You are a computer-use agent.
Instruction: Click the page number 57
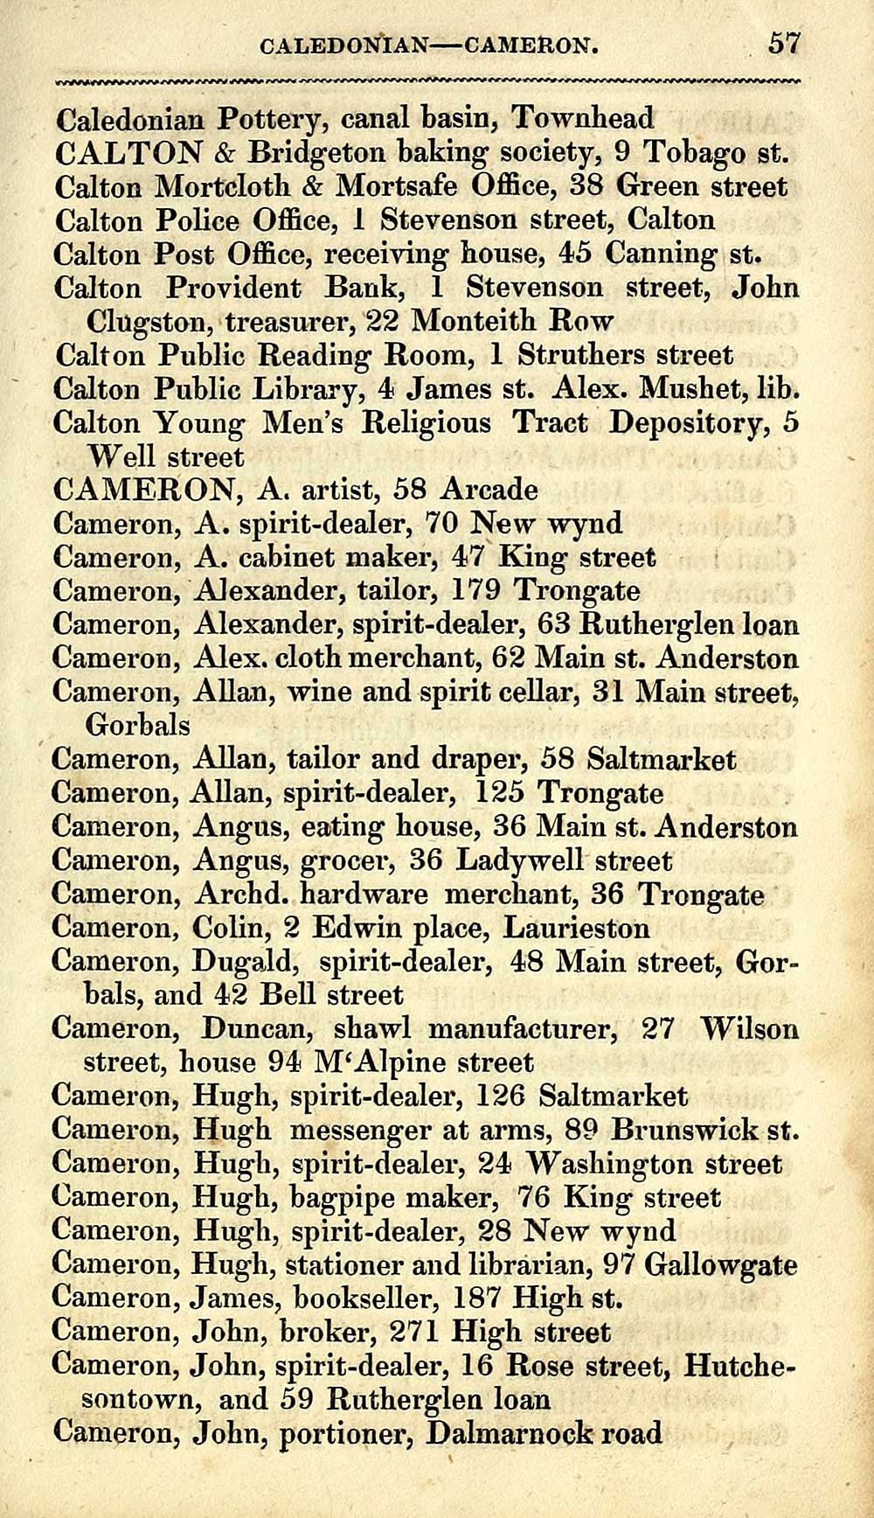pos(784,43)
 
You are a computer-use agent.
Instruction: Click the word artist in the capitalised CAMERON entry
pos(336,490)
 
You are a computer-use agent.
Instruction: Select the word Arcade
pos(489,490)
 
